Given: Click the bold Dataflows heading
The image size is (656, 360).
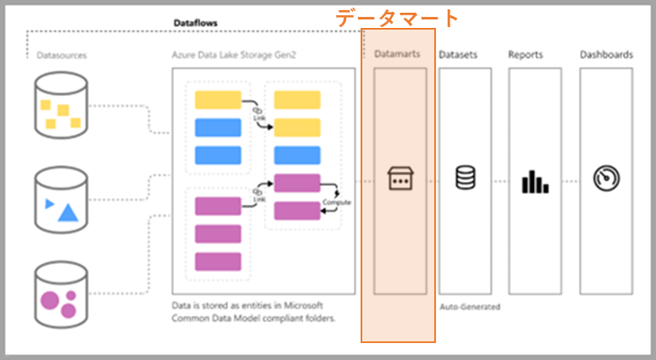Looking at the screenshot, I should point(196,23).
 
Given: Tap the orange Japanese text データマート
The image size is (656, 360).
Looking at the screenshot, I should point(397,18).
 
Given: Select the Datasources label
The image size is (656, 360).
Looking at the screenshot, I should point(61,55).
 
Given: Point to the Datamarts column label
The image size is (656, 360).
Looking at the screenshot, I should point(397,54).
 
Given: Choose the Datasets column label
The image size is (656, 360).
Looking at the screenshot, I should point(458,55).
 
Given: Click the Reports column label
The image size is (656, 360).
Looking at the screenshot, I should point(525,55).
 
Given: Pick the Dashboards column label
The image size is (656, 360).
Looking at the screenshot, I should point(606,55).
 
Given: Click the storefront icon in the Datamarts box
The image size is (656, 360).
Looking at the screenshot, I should point(400,179).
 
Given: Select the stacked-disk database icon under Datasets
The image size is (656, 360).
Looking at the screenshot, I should point(465,179).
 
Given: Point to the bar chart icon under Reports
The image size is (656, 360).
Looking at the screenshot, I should point(534,181).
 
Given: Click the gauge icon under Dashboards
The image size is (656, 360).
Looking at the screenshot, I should point(606,179).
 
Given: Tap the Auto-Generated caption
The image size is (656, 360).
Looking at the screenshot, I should point(469,306).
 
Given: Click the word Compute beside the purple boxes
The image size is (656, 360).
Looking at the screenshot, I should point(336,202).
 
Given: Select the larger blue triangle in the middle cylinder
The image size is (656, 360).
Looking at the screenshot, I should point(68,212).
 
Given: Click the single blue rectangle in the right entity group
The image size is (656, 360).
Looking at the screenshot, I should point(297,155).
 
